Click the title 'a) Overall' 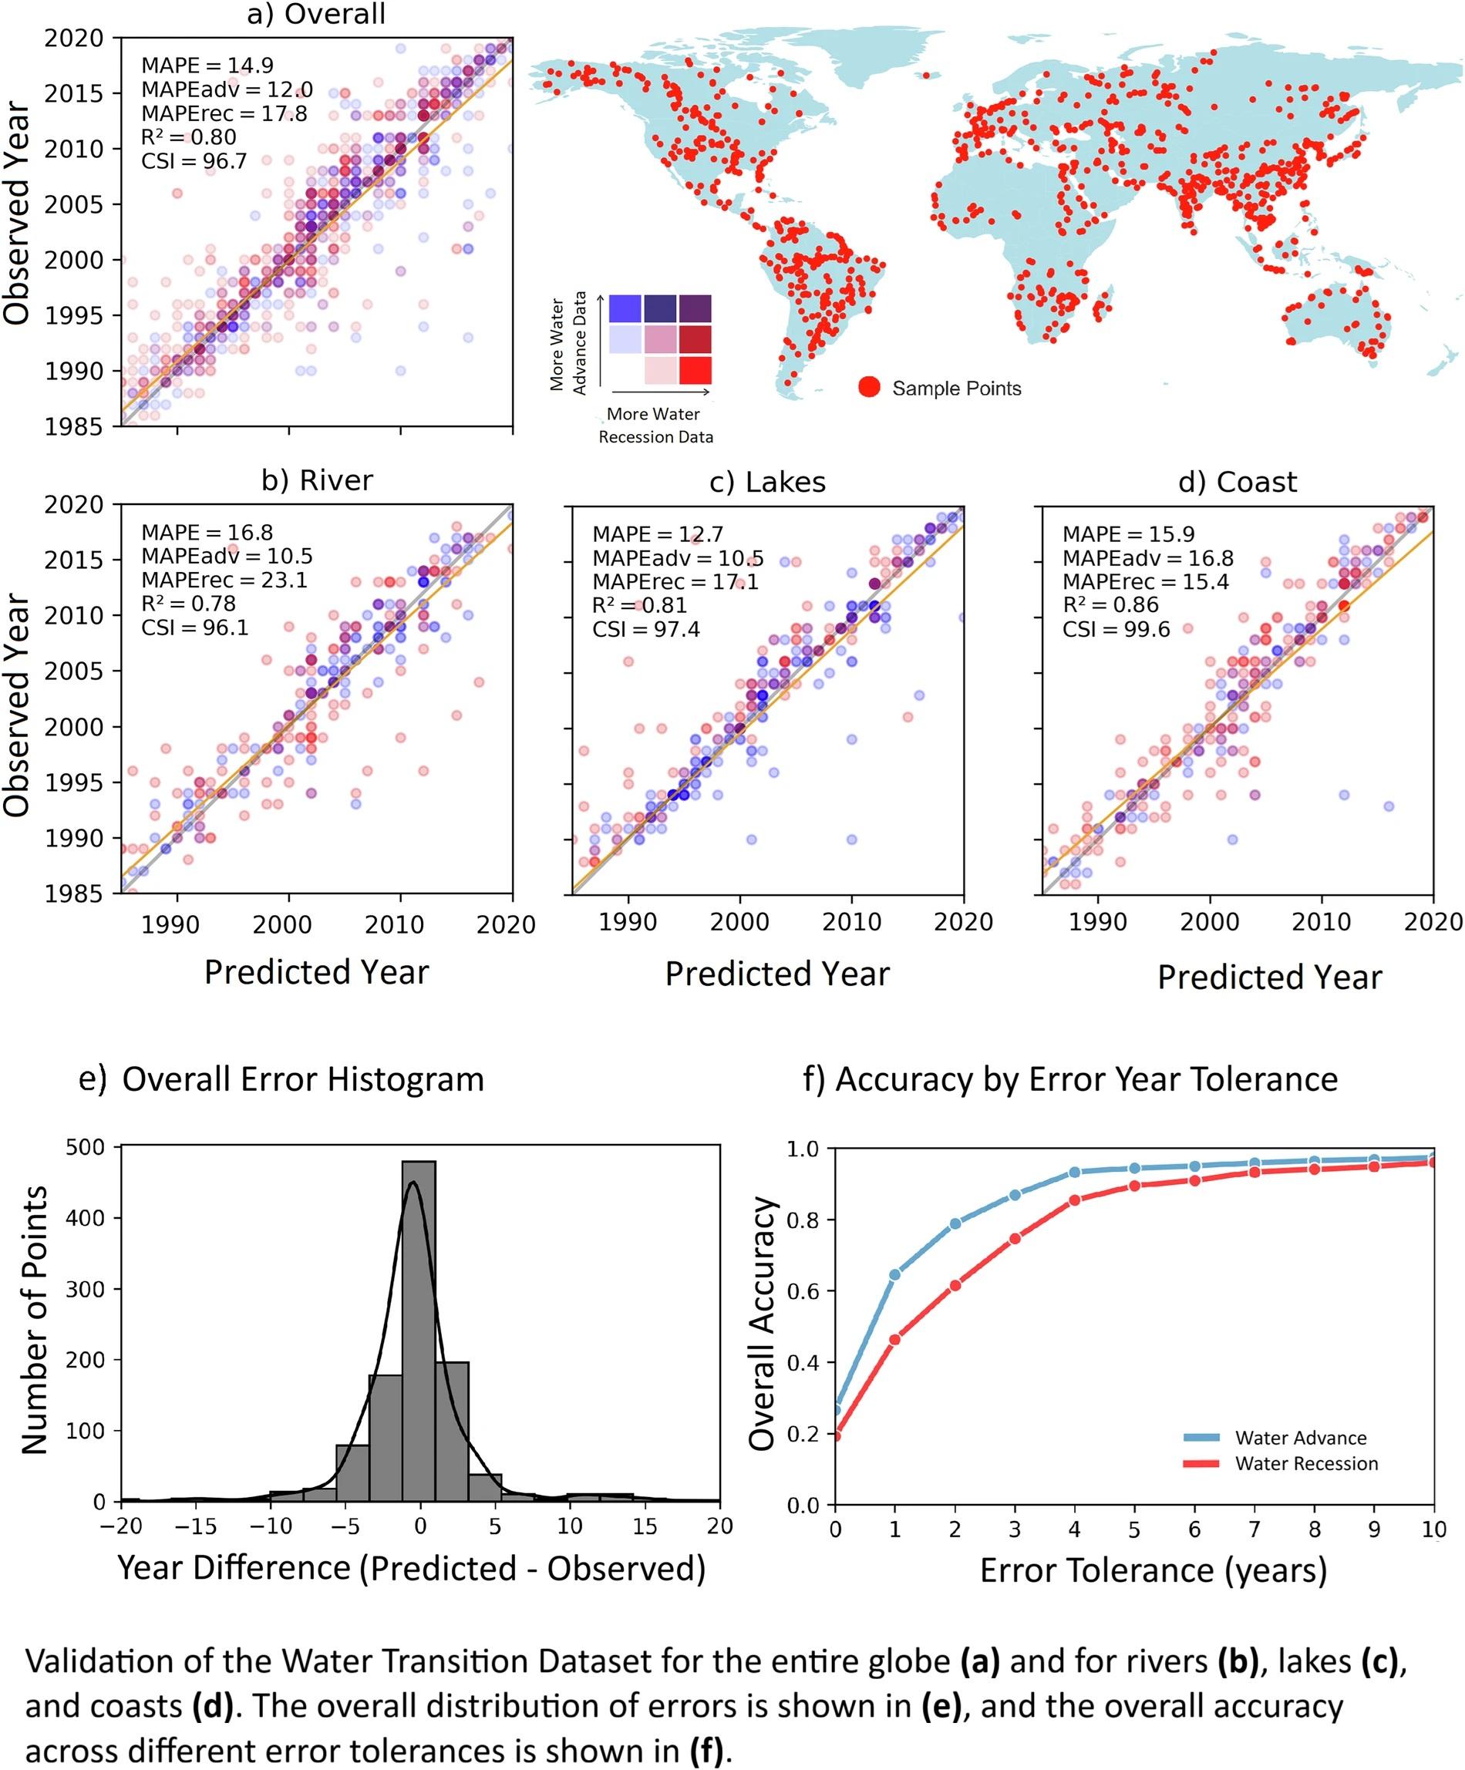(316, 15)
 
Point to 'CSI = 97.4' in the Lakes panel (645, 630)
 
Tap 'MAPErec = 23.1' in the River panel (224, 580)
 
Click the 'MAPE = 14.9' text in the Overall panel (207, 66)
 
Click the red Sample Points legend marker (869, 387)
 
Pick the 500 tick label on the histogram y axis (87, 1147)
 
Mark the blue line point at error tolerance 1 (895, 1274)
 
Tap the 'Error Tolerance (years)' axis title (1153, 1570)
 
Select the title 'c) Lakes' (767, 482)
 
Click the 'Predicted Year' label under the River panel (316, 972)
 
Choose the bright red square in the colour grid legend (695, 371)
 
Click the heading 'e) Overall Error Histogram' (281, 1080)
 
